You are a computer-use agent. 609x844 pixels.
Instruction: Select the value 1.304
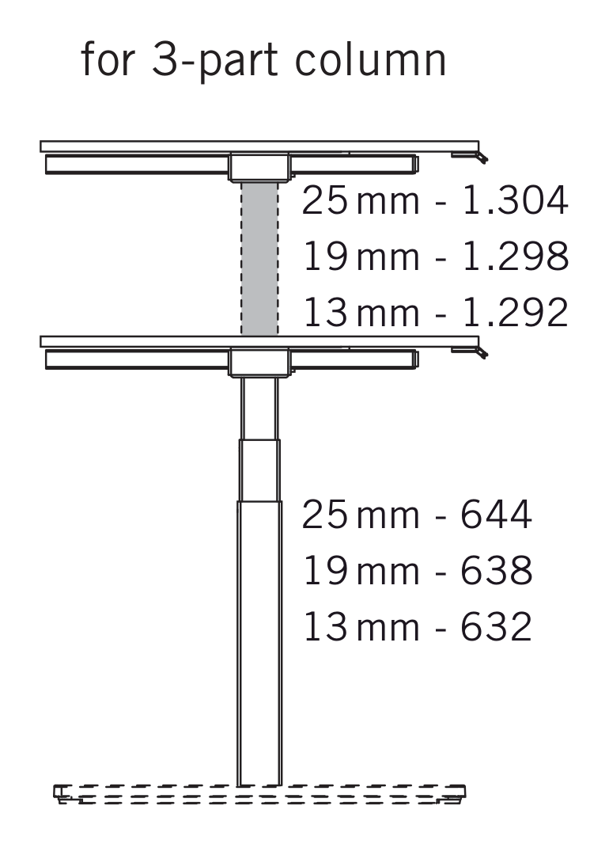point(514,200)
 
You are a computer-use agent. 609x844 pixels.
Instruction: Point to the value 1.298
point(514,257)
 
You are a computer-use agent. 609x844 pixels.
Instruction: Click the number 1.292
point(514,312)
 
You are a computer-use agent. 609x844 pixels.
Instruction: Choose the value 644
point(496,514)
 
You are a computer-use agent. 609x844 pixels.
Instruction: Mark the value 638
point(496,570)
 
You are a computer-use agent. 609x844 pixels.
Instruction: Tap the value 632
point(496,626)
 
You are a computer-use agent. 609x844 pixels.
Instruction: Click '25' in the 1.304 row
point(324,200)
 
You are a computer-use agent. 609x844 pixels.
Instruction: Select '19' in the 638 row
point(324,570)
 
